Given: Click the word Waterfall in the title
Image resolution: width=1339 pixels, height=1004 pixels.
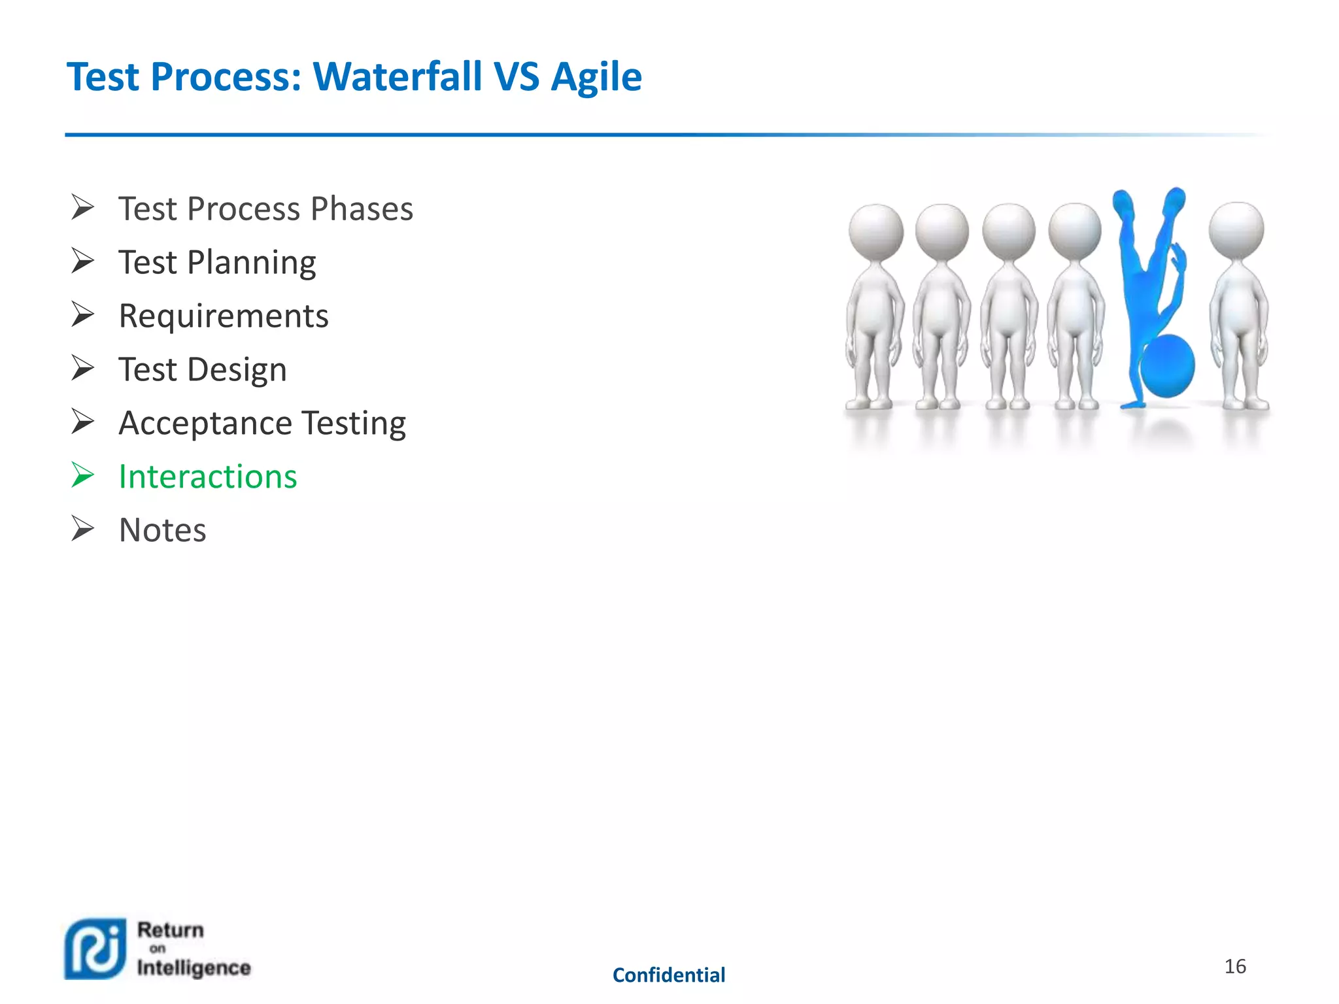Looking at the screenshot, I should click(x=398, y=76).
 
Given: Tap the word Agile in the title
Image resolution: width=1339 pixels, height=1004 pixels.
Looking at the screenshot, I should click(x=596, y=76).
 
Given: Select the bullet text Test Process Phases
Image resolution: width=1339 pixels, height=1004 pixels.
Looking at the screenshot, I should click(x=265, y=209).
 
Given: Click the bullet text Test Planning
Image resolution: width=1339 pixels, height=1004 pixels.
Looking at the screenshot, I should click(x=217, y=263).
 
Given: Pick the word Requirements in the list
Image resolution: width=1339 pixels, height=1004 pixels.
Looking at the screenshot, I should click(x=223, y=316).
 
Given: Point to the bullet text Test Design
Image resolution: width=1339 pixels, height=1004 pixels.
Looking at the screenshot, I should click(x=202, y=370).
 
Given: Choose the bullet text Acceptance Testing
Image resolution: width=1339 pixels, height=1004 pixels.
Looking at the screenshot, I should click(x=262, y=424).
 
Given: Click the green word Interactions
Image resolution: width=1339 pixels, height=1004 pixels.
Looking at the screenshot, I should click(x=207, y=477).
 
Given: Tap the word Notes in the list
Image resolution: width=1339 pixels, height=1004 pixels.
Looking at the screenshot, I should click(x=162, y=530).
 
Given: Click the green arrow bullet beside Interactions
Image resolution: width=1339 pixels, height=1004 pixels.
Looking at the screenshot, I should click(x=83, y=475).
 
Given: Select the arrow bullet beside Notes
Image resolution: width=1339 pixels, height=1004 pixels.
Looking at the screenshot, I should click(x=83, y=529).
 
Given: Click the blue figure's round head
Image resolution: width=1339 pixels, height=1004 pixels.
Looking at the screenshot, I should click(x=1167, y=366).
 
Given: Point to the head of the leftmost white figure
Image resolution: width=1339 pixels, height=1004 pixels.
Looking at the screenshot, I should click(x=875, y=232).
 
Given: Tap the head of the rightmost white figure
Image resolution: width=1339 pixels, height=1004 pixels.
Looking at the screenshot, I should click(x=1236, y=230).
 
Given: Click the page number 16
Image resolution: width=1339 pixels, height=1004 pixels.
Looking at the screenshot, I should click(x=1234, y=966).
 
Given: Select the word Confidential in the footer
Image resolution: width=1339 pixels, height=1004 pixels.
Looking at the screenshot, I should click(x=668, y=975).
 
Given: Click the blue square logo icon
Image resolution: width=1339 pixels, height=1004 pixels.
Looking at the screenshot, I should click(x=95, y=949).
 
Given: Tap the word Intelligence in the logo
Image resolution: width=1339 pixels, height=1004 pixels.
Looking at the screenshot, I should click(x=194, y=967).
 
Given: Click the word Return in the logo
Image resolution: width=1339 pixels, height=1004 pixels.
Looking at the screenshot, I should click(x=170, y=929).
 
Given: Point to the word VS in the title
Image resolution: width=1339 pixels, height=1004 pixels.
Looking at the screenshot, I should click(x=517, y=76).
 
